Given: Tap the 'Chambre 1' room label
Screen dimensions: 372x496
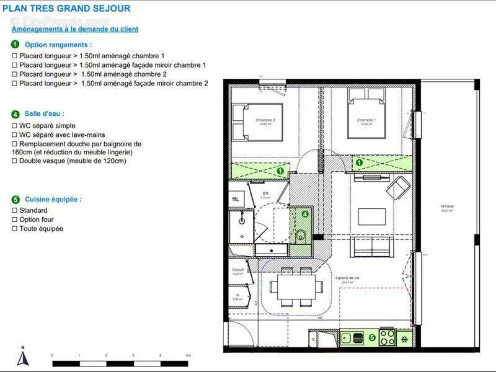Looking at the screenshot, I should (x=366, y=120).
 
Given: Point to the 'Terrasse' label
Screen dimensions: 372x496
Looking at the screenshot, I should (x=447, y=206).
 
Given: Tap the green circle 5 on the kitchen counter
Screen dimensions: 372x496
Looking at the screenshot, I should (x=372, y=338).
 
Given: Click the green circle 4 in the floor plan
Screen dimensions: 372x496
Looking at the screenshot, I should (x=304, y=214).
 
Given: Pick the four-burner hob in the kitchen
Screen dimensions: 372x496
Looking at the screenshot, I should (x=387, y=338).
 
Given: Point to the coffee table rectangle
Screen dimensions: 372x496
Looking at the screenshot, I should (x=371, y=216).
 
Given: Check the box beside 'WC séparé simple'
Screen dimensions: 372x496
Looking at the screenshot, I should (x=14, y=126).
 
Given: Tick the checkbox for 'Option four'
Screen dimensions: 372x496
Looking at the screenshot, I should (x=14, y=219).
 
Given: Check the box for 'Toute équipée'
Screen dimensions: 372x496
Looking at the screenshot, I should (x=14, y=229).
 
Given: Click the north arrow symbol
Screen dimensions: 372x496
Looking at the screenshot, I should (x=23, y=357).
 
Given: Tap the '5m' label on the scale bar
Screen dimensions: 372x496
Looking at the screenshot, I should (x=188, y=356).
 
